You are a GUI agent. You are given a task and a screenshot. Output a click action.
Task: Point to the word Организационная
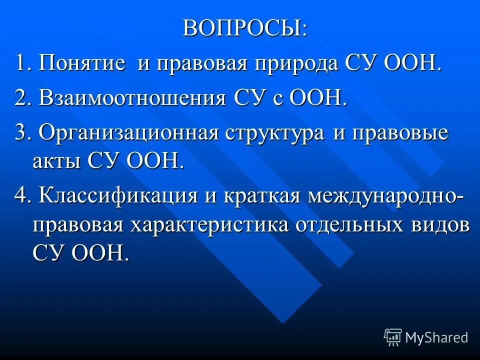click(129, 133)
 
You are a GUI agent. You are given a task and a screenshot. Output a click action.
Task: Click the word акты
click(57, 161)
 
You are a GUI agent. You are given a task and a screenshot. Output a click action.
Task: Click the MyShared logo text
click(436, 337)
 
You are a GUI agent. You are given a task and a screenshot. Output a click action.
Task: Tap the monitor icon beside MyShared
click(393, 337)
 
